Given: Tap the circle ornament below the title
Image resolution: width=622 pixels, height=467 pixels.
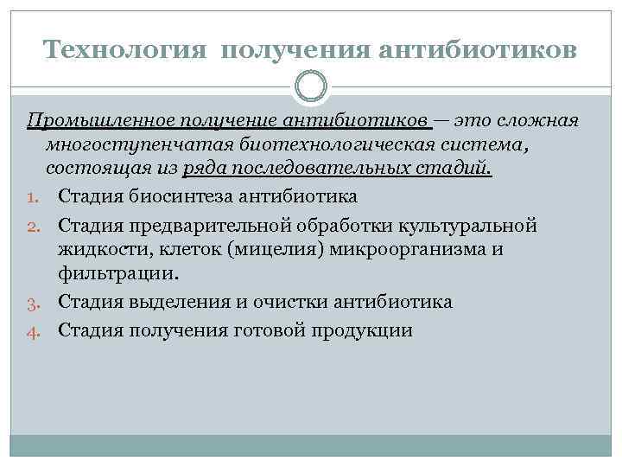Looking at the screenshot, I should coord(311,86).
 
